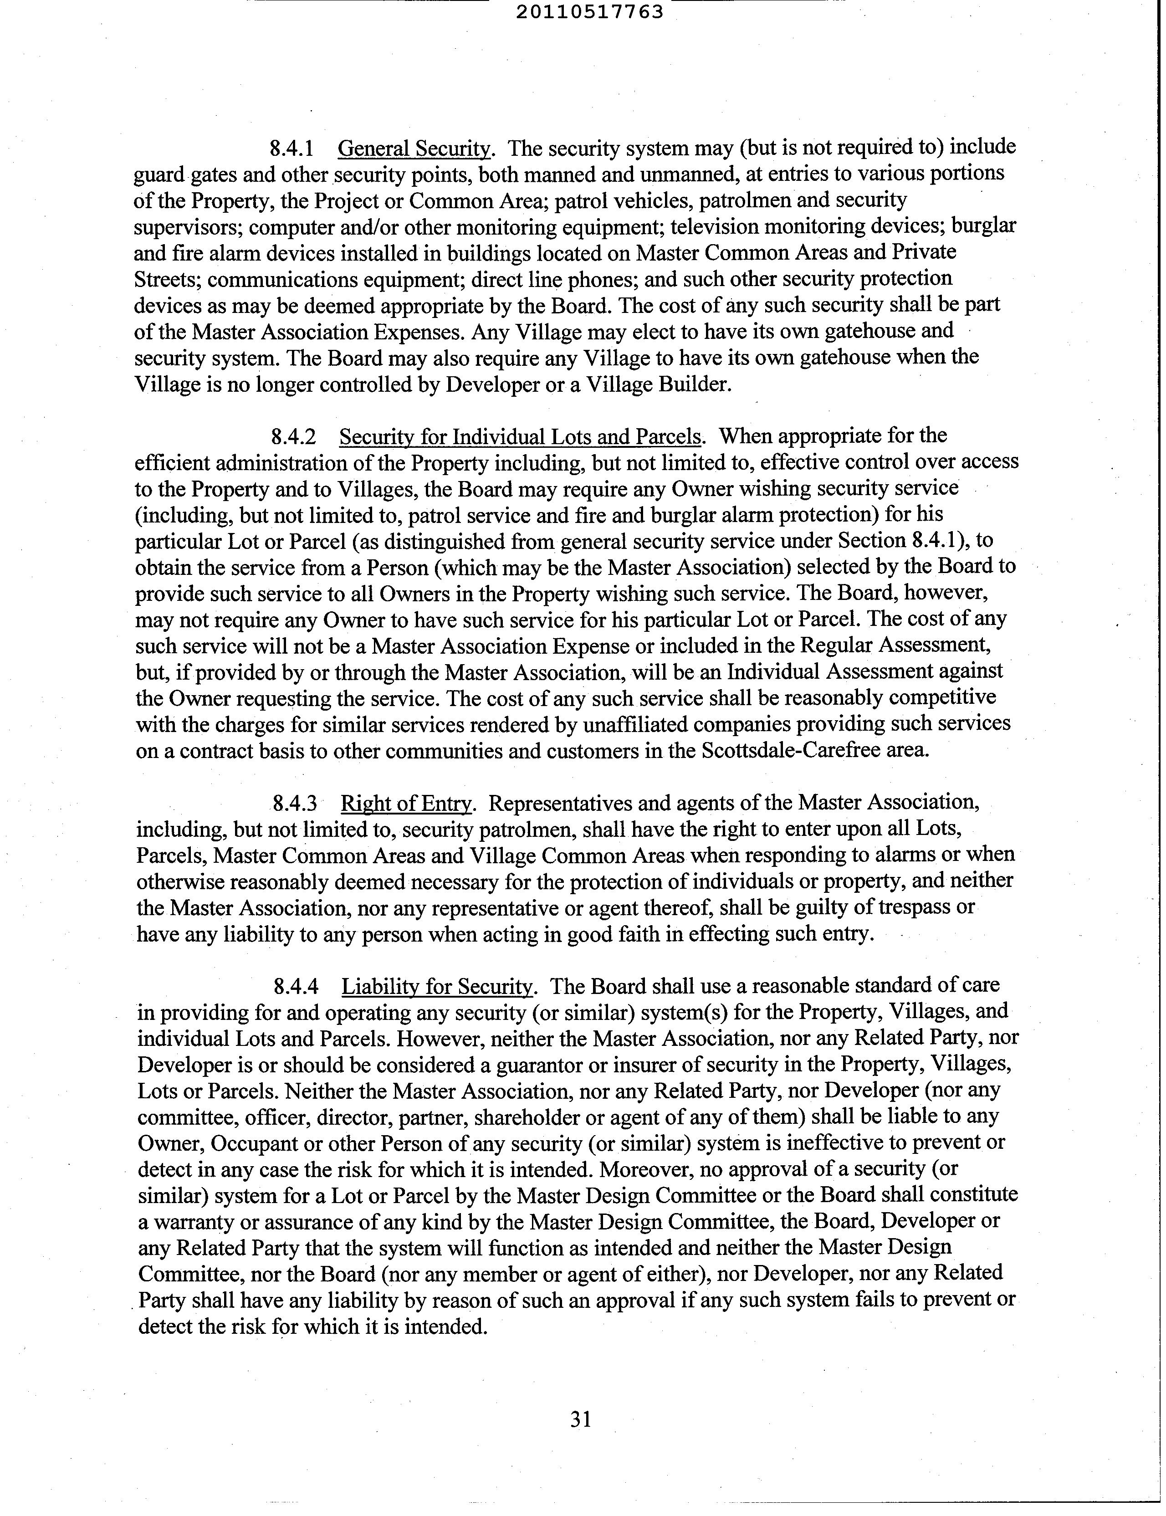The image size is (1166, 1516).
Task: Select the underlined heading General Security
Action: click(414, 149)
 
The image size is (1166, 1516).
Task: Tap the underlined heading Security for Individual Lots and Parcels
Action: click(521, 436)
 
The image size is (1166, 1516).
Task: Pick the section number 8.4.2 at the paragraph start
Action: click(294, 436)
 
